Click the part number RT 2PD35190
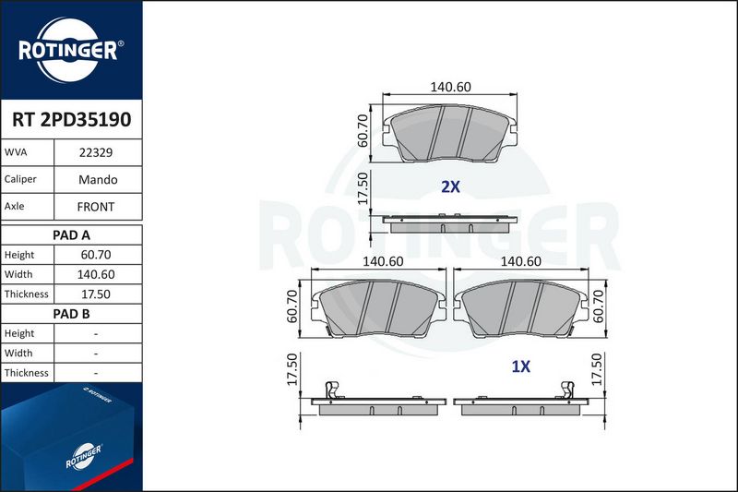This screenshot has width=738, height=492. pyautogui.click(x=72, y=120)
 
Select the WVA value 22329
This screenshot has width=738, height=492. pyautogui.click(x=96, y=152)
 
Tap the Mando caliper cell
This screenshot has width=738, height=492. pyautogui.click(x=98, y=179)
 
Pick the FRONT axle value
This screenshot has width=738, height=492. pyautogui.click(x=96, y=207)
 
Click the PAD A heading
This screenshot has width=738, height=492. pyautogui.click(x=71, y=235)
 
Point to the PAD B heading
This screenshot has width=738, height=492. pyautogui.click(x=71, y=314)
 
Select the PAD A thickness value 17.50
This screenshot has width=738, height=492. pyautogui.click(x=96, y=294)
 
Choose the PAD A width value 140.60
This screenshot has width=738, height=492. pyautogui.click(x=96, y=274)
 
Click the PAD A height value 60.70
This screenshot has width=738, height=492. pyautogui.click(x=96, y=255)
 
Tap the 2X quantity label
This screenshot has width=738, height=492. pyautogui.click(x=450, y=186)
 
